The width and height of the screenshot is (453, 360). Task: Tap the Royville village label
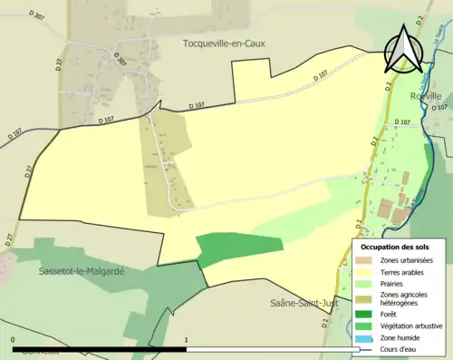point(425,95)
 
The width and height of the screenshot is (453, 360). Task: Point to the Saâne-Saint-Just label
point(303,303)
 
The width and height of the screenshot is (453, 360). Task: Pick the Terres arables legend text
point(404,271)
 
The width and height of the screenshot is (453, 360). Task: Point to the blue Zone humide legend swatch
point(368,338)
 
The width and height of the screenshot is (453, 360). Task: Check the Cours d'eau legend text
point(399,349)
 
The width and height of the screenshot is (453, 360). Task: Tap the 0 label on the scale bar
point(14,340)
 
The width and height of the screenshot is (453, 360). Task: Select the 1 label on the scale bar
point(187,340)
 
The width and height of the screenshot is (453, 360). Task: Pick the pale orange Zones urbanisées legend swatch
point(368,259)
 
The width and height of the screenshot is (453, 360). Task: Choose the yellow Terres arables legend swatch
point(368,271)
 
